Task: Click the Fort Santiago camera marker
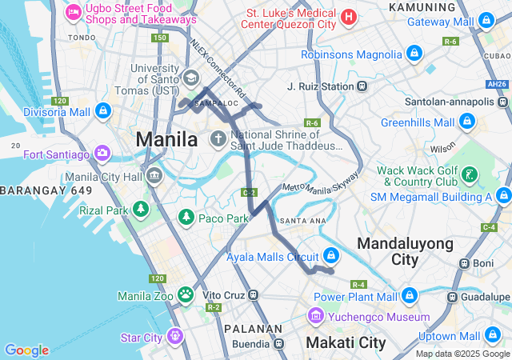point(102,153)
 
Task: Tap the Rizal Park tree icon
point(142,210)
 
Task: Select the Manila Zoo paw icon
point(186,295)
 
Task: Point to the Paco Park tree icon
point(186,217)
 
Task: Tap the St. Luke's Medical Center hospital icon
point(348,16)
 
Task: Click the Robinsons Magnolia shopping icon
point(414,54)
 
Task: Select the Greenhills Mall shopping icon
point(467,122)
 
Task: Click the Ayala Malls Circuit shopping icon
point(331,257)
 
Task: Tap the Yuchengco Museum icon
point(316,317)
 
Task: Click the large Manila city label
point(166,139)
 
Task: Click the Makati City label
point(346,343)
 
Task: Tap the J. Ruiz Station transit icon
point(362,86)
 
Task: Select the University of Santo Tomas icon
point(191,78)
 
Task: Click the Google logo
point(26,350)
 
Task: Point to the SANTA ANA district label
point(301,220)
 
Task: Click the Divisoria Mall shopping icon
point(102,111)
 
